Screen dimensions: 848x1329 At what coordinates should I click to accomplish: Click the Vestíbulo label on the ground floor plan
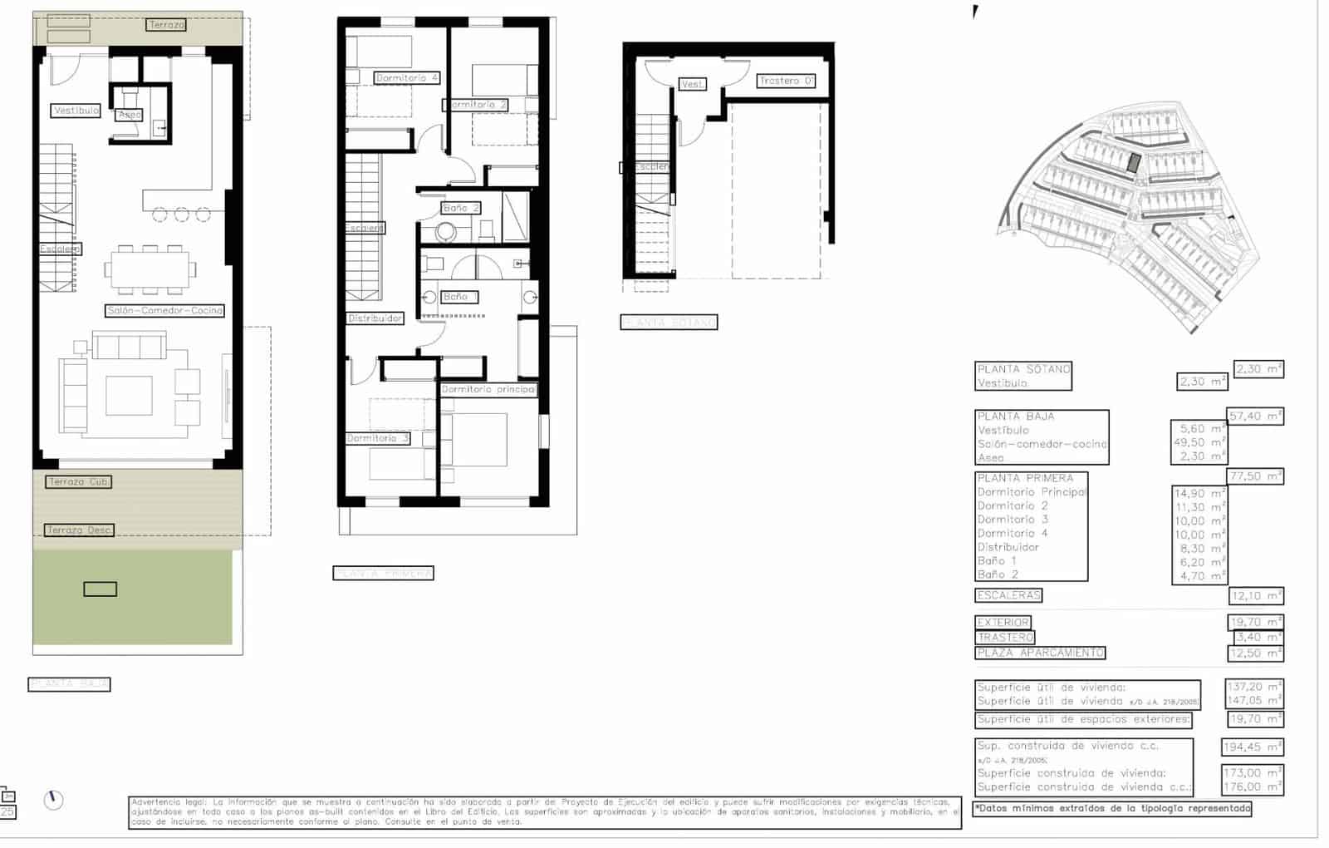[76, 111]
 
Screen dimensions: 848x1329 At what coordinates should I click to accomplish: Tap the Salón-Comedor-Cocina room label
[165, 311]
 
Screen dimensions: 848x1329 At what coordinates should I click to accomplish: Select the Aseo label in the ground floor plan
[130, 115]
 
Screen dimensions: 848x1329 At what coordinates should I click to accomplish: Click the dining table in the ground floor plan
[150, 269]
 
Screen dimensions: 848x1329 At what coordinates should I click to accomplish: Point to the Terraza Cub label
[78, 482]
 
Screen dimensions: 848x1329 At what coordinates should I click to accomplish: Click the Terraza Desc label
[78, 530]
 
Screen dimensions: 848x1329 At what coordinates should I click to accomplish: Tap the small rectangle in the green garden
[100, 589]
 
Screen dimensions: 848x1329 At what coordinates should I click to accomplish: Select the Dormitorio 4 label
[406, 78]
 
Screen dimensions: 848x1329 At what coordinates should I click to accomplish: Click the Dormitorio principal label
[488, 389]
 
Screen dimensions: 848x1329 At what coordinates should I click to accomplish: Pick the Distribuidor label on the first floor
[375, 318]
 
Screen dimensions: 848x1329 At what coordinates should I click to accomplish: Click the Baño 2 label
[460, 208]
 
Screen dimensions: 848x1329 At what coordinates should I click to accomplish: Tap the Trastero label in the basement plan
[786, 81]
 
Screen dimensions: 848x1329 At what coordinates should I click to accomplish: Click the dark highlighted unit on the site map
[1133, 162]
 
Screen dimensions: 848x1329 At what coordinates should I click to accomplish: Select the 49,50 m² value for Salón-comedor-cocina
[1199, 443]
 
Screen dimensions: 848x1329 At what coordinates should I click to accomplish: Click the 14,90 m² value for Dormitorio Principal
[1199, 494]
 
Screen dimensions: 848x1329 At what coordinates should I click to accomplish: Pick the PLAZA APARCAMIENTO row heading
[1040, 653]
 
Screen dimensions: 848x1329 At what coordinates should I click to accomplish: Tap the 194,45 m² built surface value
[1252, 747]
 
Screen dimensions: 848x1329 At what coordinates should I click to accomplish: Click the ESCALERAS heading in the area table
[1008, 596]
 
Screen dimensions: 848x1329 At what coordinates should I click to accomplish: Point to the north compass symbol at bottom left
[53, 800]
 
